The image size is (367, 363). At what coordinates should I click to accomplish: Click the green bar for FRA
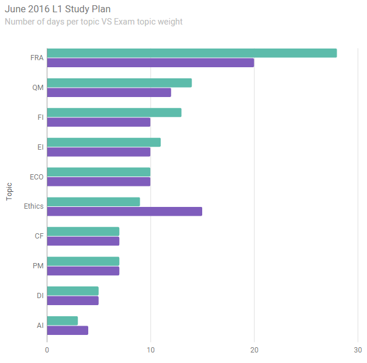point(192,53)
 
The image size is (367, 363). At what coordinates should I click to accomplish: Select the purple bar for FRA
point(150,63)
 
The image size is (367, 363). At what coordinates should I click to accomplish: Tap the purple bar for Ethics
point(124,212)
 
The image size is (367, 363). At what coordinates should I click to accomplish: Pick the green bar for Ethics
point(94,202)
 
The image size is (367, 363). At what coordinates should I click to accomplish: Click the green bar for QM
point(119,83)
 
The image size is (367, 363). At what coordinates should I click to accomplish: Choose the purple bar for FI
point(99,122)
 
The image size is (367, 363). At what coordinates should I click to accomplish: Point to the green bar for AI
point(63,321)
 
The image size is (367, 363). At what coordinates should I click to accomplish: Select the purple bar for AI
point(68,330)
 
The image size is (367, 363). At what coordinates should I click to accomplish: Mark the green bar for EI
point(104,143)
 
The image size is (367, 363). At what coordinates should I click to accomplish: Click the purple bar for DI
point(73,301)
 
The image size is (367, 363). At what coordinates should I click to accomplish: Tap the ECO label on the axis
point(36,177)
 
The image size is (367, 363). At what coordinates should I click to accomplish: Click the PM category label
point(39,266)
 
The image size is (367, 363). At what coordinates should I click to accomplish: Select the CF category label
point(39,236)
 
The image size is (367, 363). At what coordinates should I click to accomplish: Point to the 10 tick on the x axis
point(150,350)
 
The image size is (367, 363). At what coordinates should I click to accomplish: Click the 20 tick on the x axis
point(254,350)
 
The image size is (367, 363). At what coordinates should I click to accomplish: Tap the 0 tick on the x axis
point(47,350)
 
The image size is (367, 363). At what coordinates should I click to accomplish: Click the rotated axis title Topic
point(9,191)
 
